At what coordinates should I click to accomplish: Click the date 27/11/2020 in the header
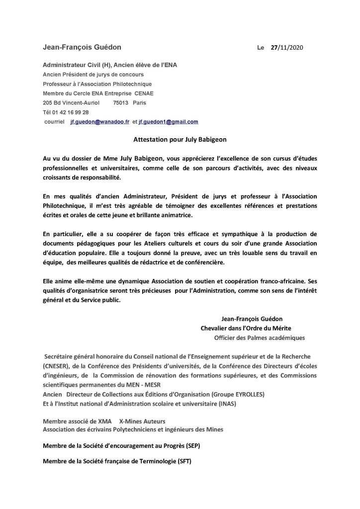pos(288,48)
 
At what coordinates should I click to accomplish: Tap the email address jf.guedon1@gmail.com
pos(169,122)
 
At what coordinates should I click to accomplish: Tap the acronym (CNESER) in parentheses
pos(58,366)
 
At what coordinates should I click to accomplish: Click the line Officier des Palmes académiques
pos(259,338)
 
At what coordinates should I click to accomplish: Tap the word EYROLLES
pos(234,394)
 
